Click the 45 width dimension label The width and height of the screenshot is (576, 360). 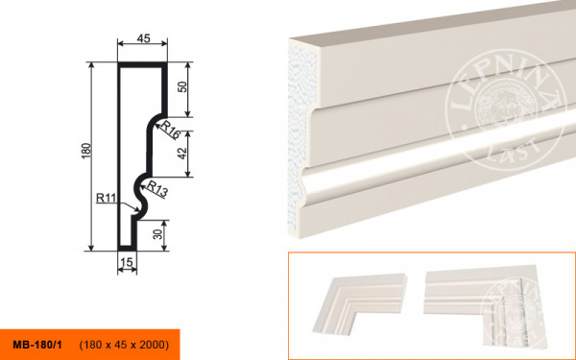tap(144, 38)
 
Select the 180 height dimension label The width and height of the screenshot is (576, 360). tap(85, 151)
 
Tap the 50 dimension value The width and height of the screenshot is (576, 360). tap(182, 87)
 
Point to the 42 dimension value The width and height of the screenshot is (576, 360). tap(182, 154)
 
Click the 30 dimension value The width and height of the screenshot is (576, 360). tap(158, 234)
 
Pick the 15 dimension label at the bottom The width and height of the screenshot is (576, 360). tap(127, 262)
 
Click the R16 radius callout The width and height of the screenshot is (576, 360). tap(170, 130)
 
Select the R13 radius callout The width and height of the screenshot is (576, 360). tap(157, 189)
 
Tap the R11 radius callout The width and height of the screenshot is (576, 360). tap(106, 199)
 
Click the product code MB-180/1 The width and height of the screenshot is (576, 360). tap(37, 345)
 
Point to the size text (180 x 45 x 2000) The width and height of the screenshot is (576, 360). tap(124, 345)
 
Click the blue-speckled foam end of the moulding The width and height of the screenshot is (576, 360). tap(302, 136)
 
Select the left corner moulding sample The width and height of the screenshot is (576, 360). tap(359, 303)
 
